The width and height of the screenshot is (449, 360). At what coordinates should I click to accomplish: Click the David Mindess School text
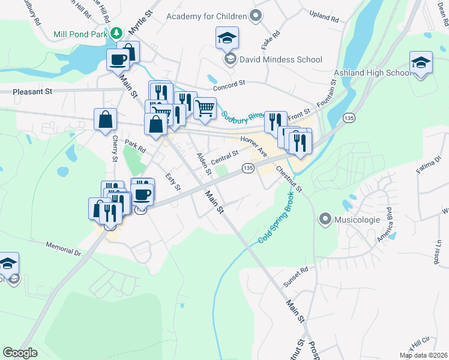tap(281, 59)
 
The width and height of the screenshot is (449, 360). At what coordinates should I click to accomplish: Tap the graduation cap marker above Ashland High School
tap(421, 63)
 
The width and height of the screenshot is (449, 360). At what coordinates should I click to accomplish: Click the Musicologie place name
tap(358, 220)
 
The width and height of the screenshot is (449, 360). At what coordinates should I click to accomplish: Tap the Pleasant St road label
tap(32, 92)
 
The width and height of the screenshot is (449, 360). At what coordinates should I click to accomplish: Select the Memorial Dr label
tap(64, 248)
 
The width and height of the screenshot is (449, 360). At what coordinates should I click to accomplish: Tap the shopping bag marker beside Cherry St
tap(106, 119)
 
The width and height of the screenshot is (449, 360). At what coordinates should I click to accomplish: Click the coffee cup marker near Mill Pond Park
tap(118, 60)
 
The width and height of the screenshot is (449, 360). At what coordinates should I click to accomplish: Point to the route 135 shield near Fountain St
tap(349, 118)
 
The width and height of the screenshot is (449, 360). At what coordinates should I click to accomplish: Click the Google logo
tap(20, 353)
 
